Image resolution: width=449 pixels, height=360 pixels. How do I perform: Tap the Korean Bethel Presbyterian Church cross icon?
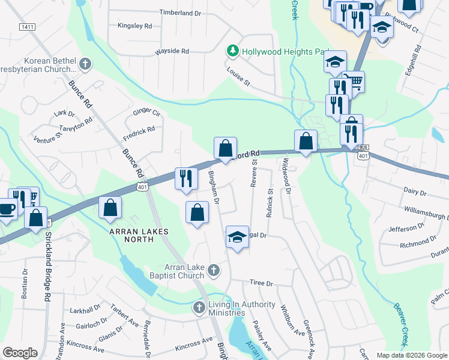(85, 64)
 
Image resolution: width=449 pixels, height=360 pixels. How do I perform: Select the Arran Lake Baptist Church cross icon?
(212, 272)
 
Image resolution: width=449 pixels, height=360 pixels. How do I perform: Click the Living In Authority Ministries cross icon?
(199, 308)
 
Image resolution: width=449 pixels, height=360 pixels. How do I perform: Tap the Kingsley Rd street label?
(135, 26)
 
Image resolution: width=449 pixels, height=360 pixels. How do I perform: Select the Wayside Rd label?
(172, 52)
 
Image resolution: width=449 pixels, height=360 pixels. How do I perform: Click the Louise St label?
(238, 76)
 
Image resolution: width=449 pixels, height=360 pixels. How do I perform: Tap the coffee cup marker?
(7, 209)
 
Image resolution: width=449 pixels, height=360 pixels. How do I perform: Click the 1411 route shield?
(26, 27)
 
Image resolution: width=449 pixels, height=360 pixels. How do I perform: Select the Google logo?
(20, 353)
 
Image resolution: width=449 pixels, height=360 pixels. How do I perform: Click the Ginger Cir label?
(146, 112)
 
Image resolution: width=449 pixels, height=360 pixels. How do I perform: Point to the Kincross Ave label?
(194, 344)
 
